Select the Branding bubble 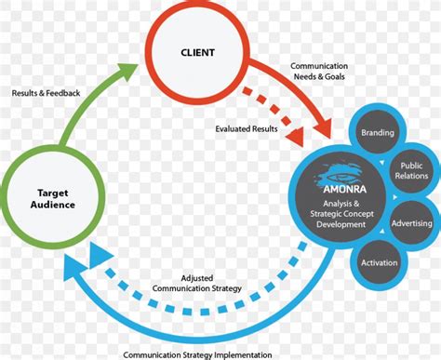point(377,133)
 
